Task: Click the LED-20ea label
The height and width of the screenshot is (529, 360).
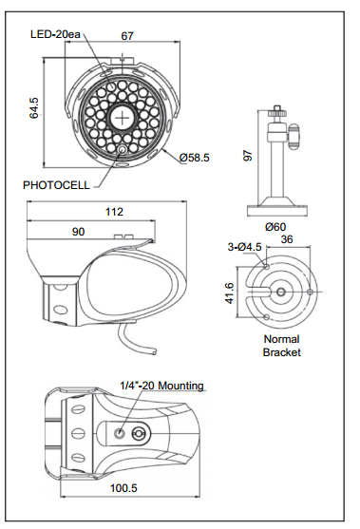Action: tap(55, 34)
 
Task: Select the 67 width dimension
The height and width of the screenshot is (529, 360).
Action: tap(127, 36)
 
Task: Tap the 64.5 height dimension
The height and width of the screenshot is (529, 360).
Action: tap(34, 108)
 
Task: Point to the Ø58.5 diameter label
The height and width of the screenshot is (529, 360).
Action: tap(195, 158)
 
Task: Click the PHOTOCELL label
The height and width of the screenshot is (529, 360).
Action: tap(56, 185)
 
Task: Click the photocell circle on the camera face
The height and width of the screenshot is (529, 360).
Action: tap(123, 149)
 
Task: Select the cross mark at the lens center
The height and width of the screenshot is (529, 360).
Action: tap(122, 118)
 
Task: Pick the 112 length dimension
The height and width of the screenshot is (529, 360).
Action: tap(114, 212)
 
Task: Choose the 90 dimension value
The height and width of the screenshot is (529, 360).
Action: tap(78, 232)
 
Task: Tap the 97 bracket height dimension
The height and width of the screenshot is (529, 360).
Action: tap(248, 155)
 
